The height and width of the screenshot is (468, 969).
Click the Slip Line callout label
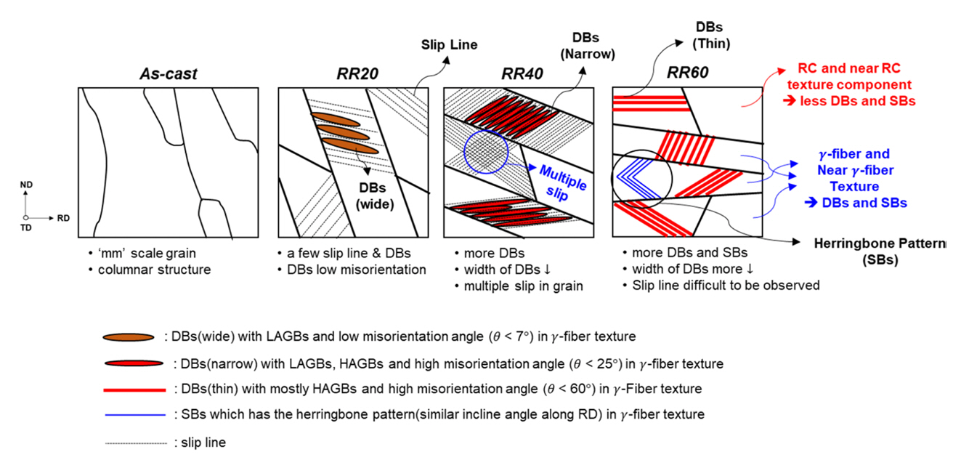pos(450,44)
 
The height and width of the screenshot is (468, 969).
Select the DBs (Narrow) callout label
pos(593,45)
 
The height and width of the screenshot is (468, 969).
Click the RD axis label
pos(64,217)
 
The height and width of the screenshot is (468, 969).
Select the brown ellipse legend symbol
pos(129,338)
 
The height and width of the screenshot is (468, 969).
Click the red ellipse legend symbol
pos(132,363)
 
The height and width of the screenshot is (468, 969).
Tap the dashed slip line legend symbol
pos(134,442)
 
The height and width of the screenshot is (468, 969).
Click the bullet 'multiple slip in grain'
pos(523,286)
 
